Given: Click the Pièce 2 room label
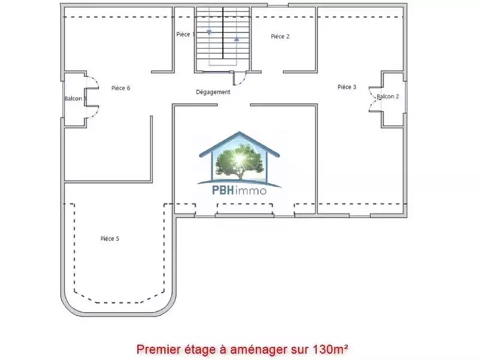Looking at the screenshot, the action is [280, 37].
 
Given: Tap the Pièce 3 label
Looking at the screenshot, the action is [347, 87].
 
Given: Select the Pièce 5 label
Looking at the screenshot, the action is [110, 238].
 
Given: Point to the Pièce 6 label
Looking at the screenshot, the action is [121, 88].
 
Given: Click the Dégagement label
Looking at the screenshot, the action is [213, 92].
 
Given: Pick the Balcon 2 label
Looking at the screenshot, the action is [388, 97].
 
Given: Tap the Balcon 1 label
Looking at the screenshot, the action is [76, 98].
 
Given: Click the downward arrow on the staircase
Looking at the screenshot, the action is [209, 32].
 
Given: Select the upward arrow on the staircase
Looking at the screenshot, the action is [236, 38].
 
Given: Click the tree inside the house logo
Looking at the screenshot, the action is [239, 161].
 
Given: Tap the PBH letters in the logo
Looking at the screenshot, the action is [223, 190].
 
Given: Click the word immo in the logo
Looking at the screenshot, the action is [251, 191].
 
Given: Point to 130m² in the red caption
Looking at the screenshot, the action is [330, 349].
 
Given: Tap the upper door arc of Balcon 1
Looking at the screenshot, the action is [94, 80].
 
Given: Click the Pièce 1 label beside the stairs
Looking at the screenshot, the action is [185, 34].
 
